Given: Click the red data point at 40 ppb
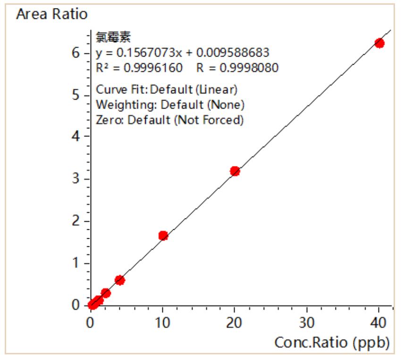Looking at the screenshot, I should tap(379, 43).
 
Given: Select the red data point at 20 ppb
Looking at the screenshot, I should tap(235, 171).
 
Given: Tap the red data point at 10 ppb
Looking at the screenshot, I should tap(163, 235).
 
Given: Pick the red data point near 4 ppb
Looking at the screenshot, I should tap(120, 280).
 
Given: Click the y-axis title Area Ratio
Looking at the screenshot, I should tap(51, 15).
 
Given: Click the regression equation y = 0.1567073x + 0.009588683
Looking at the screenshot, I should tap(182, 52).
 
